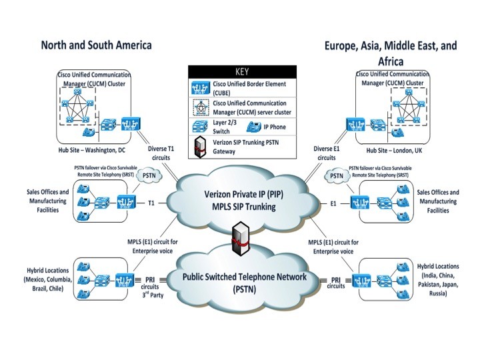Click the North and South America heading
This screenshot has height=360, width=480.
(97, 45)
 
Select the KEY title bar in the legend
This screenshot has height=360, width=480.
(241, 71)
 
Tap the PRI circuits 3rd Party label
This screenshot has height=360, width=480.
(155, 286)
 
